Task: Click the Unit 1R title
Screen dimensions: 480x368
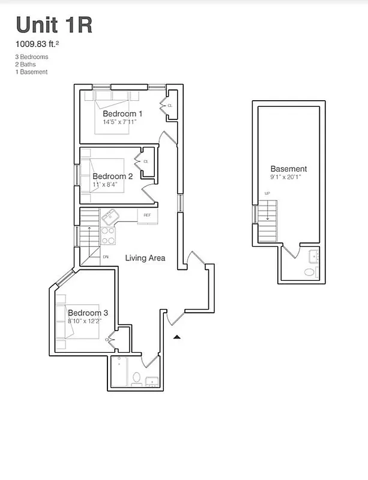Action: [54, 25]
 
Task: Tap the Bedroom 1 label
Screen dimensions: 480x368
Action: [122, 113]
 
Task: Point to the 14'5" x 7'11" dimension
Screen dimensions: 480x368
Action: [119, 122]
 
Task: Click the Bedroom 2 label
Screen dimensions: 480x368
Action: [112, 176]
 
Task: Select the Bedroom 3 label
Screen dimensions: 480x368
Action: [88, 313]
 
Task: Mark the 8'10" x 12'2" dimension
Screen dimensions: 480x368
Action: [85, 321]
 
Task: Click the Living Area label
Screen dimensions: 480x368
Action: [145, 258]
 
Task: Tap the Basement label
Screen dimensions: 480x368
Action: [288, 169]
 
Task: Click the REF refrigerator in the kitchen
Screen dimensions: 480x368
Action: [148, 215]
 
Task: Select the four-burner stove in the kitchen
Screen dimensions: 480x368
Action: [108, 236]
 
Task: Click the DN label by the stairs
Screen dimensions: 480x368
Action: [106, 257]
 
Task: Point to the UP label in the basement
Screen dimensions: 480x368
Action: [267, 193]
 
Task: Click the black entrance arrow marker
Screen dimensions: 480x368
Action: [176, 338]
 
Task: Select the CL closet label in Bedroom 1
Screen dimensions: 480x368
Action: [170, 105]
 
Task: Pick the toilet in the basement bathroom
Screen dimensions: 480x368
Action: [310, 272]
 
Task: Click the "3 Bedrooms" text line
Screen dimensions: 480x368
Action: [32, 57]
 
